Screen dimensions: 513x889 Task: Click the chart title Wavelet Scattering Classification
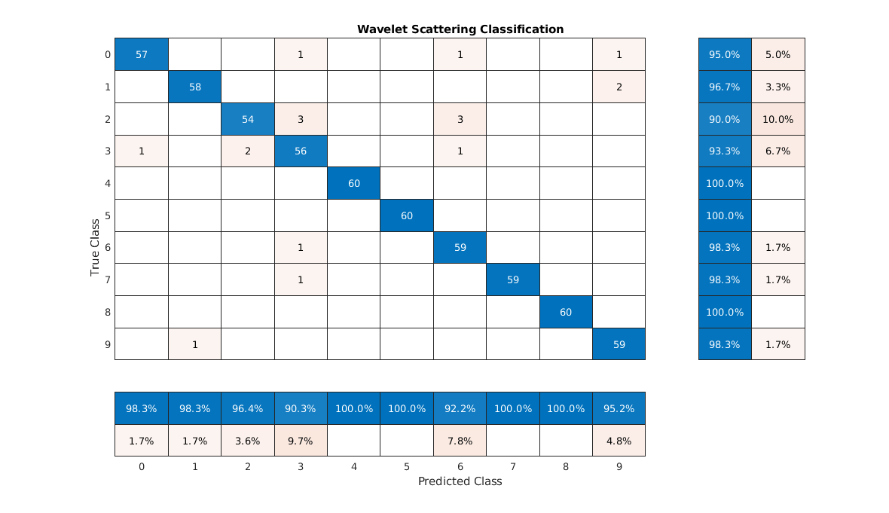click(x=460, y=29)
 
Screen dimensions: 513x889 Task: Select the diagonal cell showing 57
click(x=142, y=54)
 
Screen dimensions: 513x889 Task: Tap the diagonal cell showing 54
click(x=248, y=119)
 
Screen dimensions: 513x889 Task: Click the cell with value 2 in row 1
click(x=619, y=87)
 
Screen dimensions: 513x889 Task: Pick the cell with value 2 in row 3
click(x=248, y=151)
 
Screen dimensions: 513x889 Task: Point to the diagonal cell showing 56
click(x=301, y=151)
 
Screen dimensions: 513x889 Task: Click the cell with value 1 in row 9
click(x=194, y=344)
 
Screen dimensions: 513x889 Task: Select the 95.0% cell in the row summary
click(x=725, y=54)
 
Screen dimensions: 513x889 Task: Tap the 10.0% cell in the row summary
click(x=778, y=119)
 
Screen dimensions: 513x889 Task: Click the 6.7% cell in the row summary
click(x=778, y=151)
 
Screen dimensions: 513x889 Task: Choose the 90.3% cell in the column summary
click(x=301, y=408)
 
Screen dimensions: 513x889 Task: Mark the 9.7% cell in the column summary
click(x=301, y=441)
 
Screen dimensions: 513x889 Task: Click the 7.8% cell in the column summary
click(x=460, y=441)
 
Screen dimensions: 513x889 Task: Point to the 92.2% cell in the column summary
click(x=460, y=408)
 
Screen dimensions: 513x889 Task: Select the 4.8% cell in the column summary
click(x=619, y=441)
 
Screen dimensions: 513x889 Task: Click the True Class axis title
click(x=95, y=247)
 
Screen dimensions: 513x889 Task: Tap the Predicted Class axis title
click(x=460, y=481)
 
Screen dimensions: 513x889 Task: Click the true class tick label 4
click(x=108, y=183)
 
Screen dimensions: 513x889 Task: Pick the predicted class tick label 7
click(x=512, y=467)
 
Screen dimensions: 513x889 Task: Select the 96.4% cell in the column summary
click(x=248, y=408)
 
